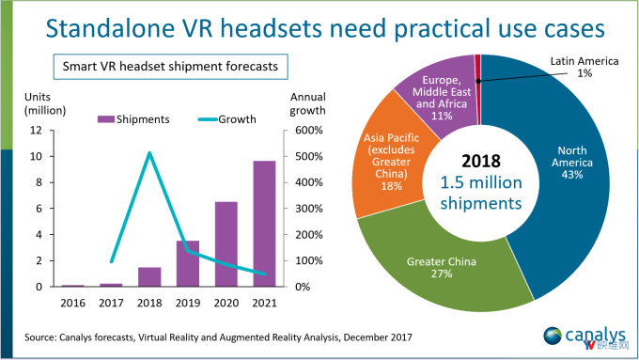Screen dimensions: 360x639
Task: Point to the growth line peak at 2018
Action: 148,153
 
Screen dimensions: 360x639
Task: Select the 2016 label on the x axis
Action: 72,302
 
